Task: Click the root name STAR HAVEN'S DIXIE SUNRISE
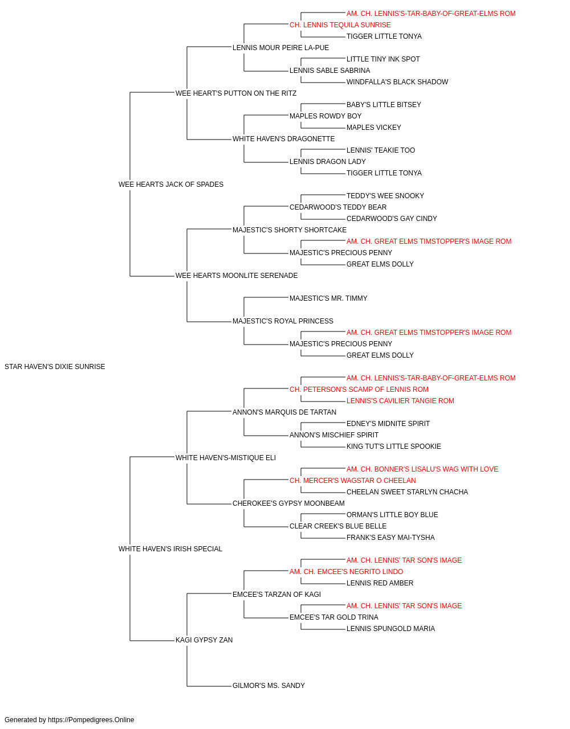[55, 367]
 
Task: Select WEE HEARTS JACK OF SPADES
[171, 185]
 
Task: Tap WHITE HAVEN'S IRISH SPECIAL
[170, 549]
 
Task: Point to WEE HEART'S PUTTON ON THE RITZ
[236, 93]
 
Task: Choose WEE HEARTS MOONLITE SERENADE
[237, 276]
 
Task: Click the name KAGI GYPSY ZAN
[204, 640]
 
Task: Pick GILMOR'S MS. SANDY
[268, 686]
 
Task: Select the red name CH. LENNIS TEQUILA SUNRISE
[340, 25]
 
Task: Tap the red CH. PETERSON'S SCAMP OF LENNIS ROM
[359, 390]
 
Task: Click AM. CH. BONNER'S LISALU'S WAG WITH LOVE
[422, 469]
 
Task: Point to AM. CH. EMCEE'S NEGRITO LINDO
[346, 572]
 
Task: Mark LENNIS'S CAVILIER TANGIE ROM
[400, 401]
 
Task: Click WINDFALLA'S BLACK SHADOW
[397, 82]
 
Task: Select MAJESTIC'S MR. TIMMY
[328, 298]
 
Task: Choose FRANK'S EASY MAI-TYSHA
[390, 538]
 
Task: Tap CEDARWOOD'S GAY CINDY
[392, 218]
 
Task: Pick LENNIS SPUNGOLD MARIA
[391, 629]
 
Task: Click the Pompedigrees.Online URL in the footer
[91, 720]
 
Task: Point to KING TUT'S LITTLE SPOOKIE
[394, 447]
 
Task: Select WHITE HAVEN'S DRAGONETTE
[284, 139]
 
